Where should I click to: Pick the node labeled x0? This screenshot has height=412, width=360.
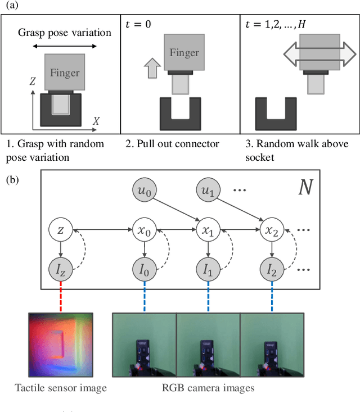pos(145,229)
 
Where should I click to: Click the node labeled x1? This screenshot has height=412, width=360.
pos(207,229)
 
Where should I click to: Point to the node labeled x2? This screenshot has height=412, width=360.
pos(272,229)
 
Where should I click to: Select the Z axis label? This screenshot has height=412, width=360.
pos(33,82)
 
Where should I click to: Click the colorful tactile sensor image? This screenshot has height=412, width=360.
pos(61,345)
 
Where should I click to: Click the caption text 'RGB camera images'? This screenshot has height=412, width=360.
pos(208,387)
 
